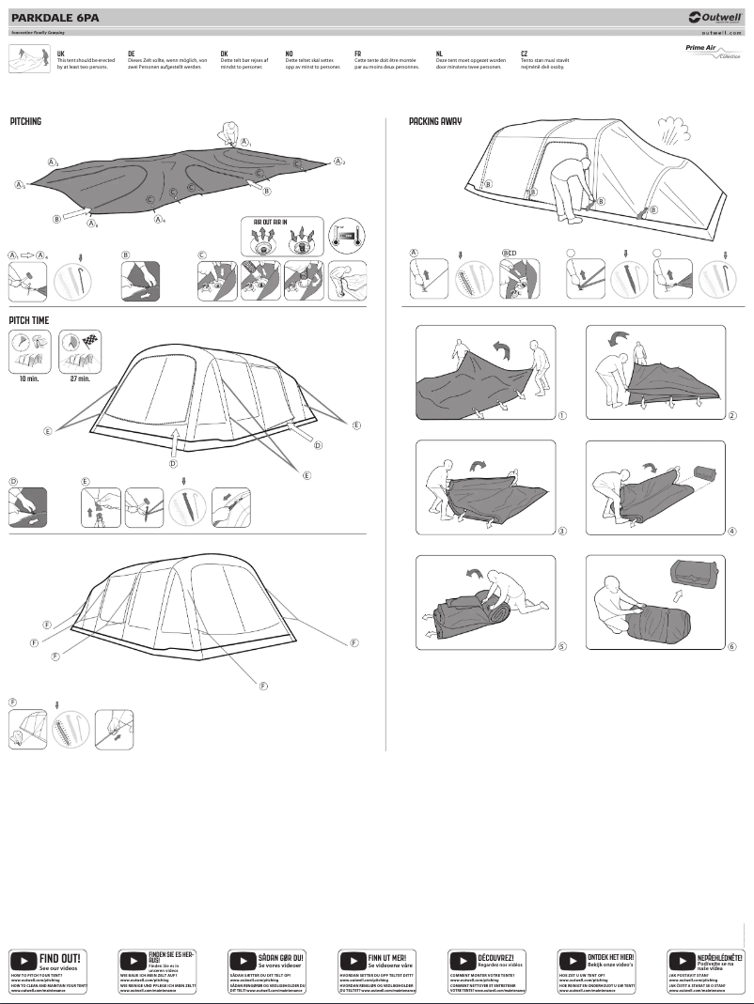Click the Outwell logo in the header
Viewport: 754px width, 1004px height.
[715, 16]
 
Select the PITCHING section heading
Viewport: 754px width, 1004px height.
[25, 122]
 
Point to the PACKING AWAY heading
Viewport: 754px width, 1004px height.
[434, 122]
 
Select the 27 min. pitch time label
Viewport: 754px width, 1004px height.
[80, 378]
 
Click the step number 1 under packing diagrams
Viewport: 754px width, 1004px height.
[561, 414]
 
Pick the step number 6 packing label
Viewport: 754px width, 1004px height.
[731, 646]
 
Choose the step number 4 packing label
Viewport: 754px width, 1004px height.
[731, 531]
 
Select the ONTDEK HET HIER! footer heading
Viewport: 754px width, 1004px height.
[610, 956]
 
